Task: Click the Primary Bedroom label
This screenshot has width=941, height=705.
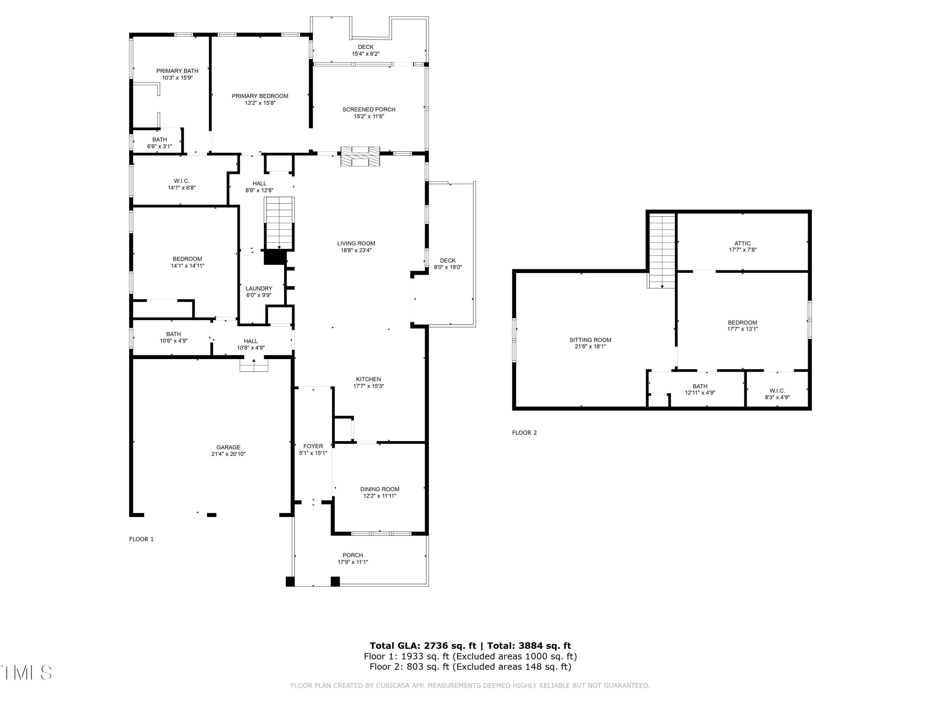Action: [x=260, y=96]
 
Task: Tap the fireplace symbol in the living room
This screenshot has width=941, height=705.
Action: [x=360, y=156]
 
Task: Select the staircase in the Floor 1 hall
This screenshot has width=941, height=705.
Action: [x=279, y=223]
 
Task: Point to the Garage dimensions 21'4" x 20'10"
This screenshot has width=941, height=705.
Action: [x=228, y=454]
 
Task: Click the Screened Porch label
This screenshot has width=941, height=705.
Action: [x=369, y=110]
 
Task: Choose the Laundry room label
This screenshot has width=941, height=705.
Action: [x=259, y=289]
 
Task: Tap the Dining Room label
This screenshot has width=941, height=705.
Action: [x=380, y=489]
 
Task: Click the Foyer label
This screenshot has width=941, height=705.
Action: [x=313, y=446]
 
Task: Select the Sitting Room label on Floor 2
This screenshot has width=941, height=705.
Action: [x=590, y=340]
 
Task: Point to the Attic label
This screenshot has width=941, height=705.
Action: [x=742, y=243]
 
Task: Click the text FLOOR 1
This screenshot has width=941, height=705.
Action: [x=141, y=539]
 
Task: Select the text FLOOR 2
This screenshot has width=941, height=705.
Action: [x=524, y=433]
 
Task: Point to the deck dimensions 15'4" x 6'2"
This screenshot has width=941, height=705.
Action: [x=365, y=54]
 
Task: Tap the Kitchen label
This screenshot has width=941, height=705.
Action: [x=369, y=379]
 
